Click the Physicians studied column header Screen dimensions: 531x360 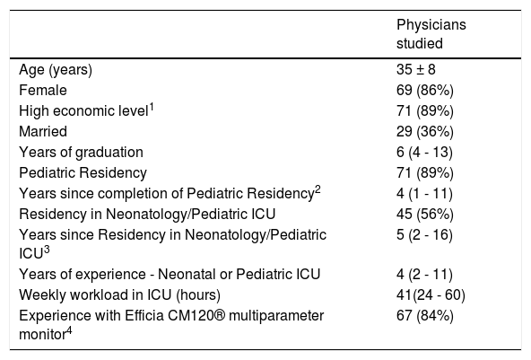click(431, 34)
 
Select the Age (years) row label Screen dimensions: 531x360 click(56, 70)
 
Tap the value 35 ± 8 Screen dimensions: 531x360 click(416, 69)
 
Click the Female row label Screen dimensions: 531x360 click(43, 90)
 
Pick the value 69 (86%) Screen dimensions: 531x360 click(425, 91)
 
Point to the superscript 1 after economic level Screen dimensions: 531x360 click(152, 108)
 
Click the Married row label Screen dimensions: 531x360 click(43, 132)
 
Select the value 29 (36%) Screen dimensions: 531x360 click(425, 132)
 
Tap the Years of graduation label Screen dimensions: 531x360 click(81, 153)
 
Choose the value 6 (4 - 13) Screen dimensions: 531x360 click(424, 153)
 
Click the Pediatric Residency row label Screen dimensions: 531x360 click(83, 173)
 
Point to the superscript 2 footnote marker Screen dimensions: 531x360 click(318, 190)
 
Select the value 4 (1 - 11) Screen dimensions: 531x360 click(424, 194)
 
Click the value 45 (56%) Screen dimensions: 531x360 click(425, 215)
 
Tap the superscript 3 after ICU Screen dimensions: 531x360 click(47, 250)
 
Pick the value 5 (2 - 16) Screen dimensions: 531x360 click(424, 235)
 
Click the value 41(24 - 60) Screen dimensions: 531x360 click(431, 295)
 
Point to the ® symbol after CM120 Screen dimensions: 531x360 click(220, 316)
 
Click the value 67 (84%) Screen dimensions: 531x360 click(425, 316)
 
